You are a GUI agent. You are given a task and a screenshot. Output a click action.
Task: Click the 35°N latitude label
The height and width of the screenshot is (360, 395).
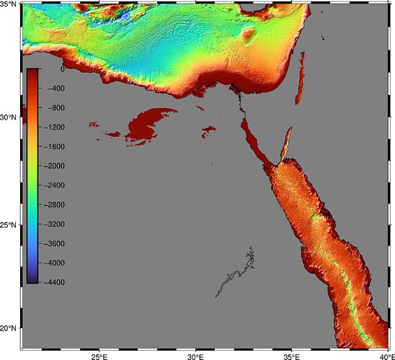point(10,4)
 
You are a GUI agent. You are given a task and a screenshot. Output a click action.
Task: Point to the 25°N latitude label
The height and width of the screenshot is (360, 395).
point(10,225)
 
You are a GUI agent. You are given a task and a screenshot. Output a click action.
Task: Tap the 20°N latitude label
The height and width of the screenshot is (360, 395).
point(10,329)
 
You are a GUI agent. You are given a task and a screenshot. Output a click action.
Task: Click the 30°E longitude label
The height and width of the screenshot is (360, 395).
point(195,356)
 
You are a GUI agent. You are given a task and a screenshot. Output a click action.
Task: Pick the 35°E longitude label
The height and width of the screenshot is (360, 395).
point(291,356)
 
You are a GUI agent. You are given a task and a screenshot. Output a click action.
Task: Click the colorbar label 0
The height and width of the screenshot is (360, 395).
point(62,69)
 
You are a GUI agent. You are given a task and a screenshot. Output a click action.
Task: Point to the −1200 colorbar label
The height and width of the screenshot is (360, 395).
point(55,127)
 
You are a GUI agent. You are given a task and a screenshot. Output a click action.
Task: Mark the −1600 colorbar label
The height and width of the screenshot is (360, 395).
point(55,147)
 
